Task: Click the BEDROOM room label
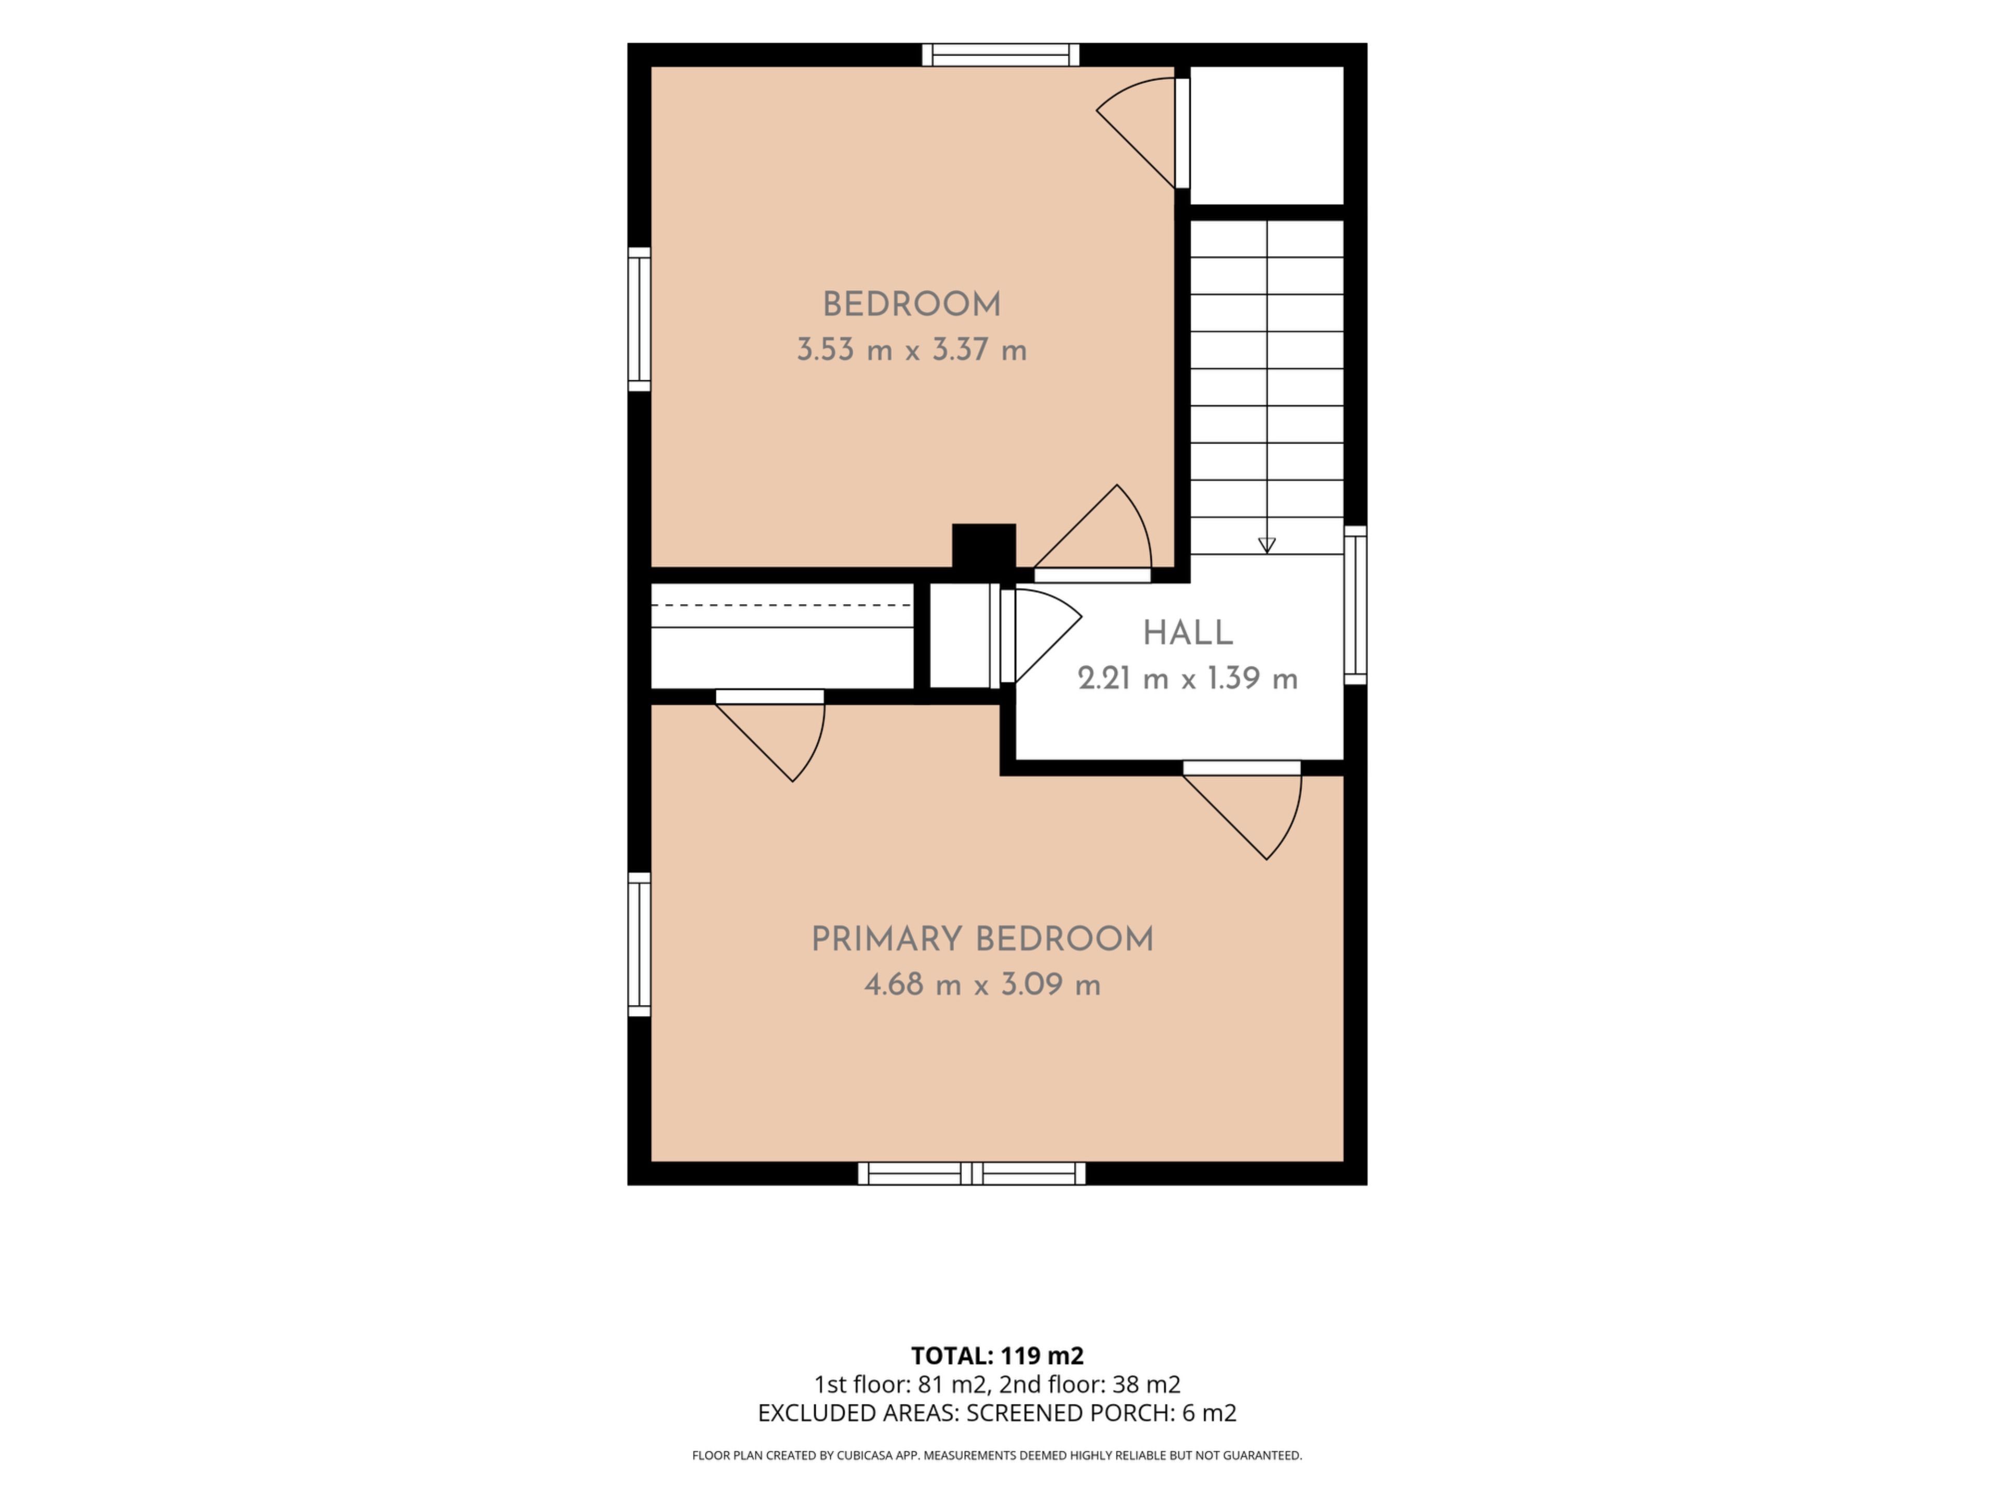click(912, 305)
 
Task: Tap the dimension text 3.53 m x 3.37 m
click(912, 350)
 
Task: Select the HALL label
click(1188, 633)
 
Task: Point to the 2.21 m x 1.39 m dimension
click(1188, 678)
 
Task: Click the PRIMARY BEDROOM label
click(982, 940)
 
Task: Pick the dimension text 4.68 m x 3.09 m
click(982, 984)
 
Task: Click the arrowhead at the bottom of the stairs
click(1266, 545)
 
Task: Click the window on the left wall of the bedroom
click(640, 319)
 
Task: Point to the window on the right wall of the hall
click(1355, 605)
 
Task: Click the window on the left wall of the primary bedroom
click(640, 944)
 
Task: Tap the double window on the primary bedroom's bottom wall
click(972, 1173)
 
